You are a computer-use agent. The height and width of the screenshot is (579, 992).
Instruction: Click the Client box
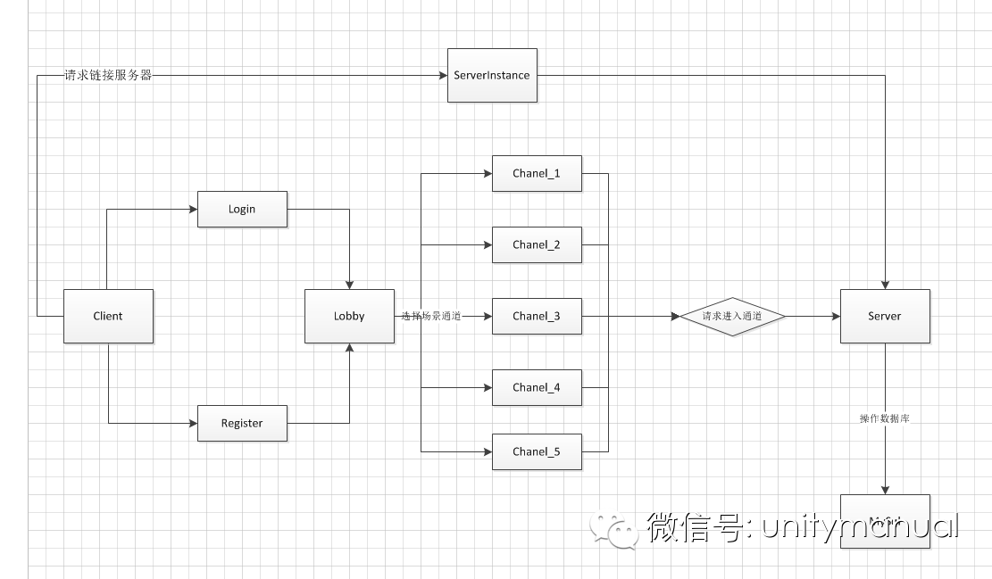pyautogui.click(x=108, y=316)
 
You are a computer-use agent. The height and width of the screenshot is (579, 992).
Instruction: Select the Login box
pyautogui.click(x=242, y=209)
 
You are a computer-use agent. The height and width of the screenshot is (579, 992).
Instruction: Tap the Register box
pyautogui.click(x=242, y=423)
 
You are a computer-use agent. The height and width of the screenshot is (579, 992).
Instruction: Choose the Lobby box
pyautogui.click(x=349, y=316)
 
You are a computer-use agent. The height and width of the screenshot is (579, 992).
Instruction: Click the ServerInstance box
pyautogui.click(x=492, y=75)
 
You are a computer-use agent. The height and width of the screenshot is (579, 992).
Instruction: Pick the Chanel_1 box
pyautogui.click(x=537, y=173)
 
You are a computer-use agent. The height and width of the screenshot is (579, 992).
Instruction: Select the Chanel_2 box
pyautogui.click(x=537, y=244)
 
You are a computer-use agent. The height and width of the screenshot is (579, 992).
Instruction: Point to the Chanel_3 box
pyautogui.click(x=537, y=316)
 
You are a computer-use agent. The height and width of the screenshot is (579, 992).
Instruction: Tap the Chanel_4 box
pyautogui.click(x=537, y=387)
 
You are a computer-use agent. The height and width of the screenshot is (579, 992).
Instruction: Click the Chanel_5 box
pyautogui.click(x=537, y=451)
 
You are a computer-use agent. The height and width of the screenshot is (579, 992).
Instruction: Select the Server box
pyautogui.click(x=885, y=316)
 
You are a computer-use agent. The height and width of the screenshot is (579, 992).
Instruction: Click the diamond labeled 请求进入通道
pyautogui.click(x=732, y=316)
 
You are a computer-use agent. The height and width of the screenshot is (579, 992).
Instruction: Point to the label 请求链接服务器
pyautogui.click(x=108, y=76)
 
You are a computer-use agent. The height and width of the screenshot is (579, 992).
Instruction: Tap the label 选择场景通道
pyautogui.click(x=431, y=316)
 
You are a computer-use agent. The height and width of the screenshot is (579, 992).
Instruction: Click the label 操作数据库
pyautogui.click(x=885, y=418)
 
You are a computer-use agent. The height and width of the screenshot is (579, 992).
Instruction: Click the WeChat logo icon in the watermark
pyautogui.click(x=612, y=529)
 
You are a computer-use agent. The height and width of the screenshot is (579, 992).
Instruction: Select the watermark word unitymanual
pyautogui.click(x=859, y=527)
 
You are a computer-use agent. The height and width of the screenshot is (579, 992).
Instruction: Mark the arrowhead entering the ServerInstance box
pyautogui.click(x=443, y=76)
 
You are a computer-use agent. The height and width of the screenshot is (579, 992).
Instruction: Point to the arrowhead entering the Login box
pyautogui.click(x=193, y=210)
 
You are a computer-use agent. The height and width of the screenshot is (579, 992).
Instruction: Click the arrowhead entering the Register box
pyautogui.click(x=193, y=423)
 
